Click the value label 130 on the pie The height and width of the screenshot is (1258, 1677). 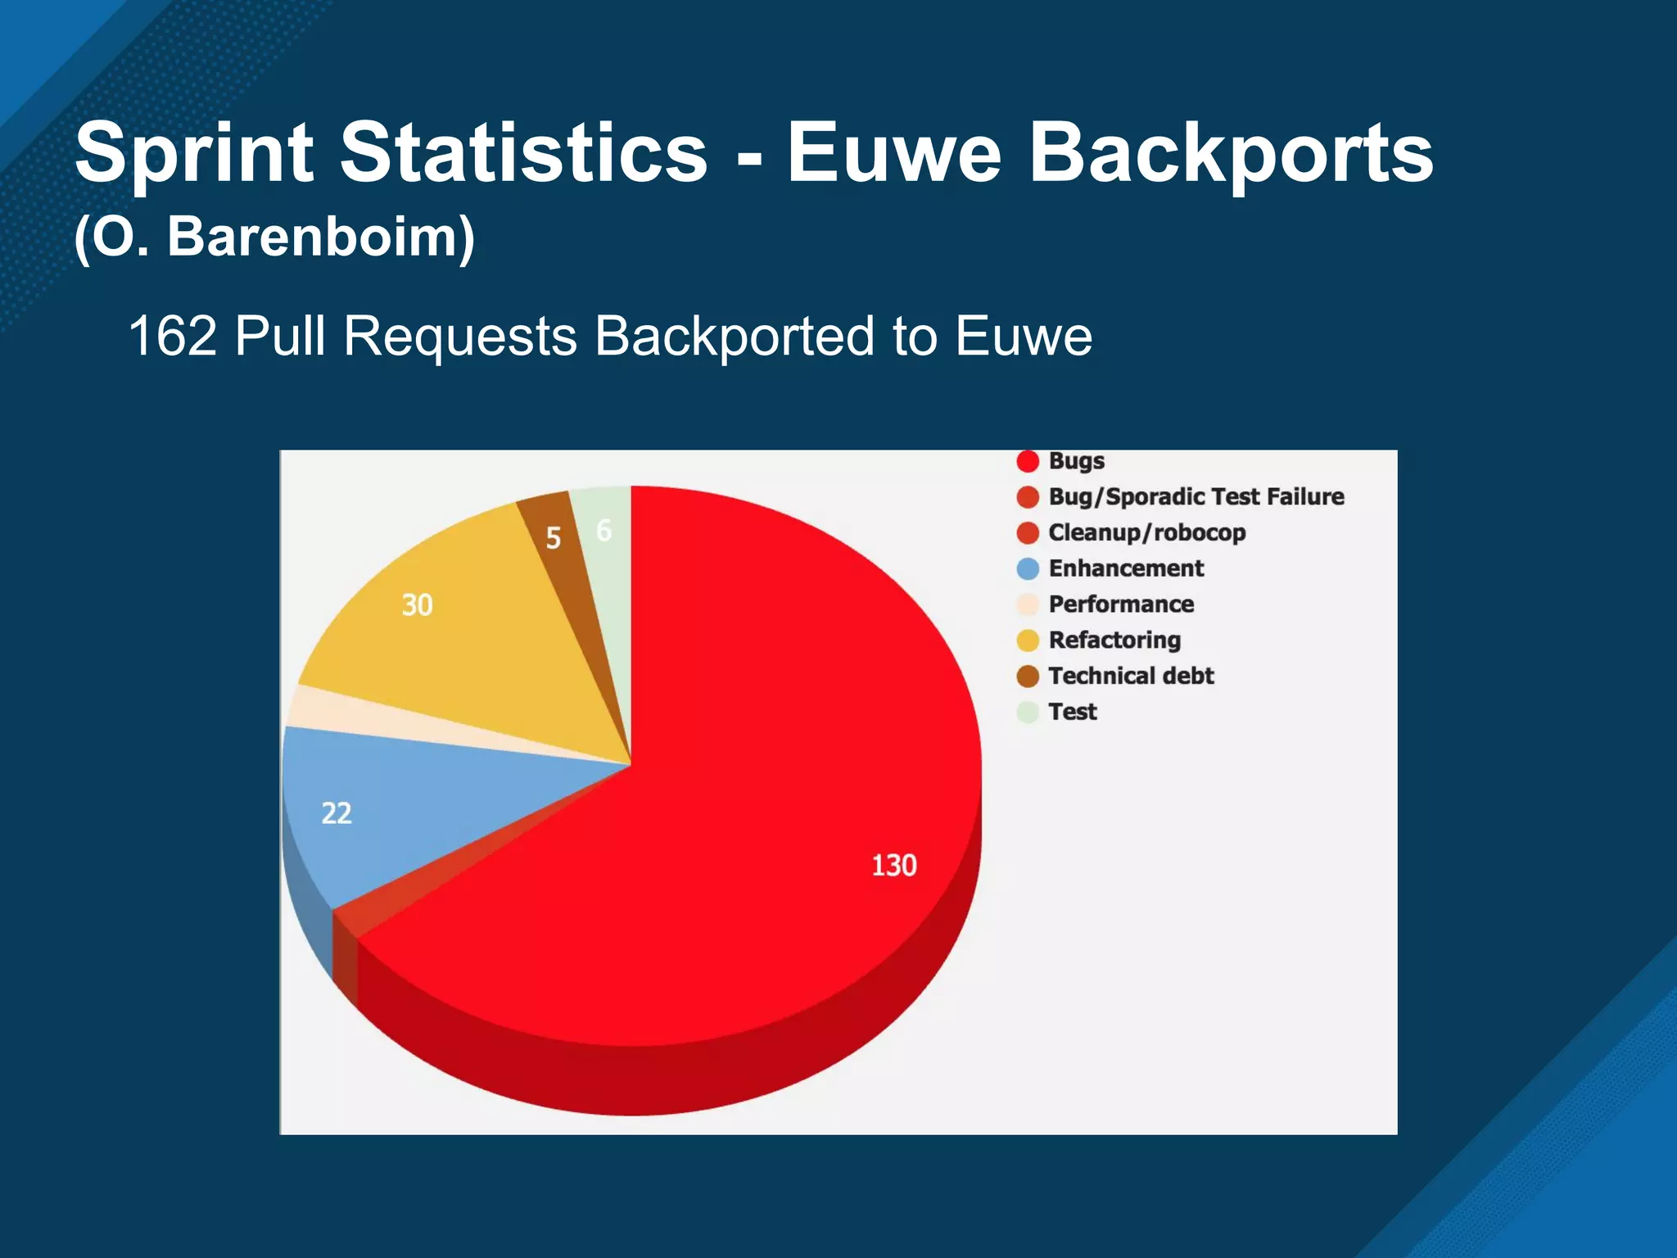coord(893,866)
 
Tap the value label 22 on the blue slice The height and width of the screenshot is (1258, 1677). coord(337,813)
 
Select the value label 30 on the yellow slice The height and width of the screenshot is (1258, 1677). coord(417,605)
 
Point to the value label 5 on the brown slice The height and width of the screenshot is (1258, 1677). coord(554,538)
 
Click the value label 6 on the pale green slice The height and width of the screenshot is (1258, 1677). coord(604,531)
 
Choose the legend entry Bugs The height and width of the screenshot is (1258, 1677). coord(1076,461)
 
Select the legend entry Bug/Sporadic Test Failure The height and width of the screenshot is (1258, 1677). coord(1196,497)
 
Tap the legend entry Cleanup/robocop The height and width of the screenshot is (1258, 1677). coord(1146,533)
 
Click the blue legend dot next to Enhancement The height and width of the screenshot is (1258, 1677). coord(1028,568)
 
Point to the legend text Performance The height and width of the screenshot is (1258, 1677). coord(1121,604)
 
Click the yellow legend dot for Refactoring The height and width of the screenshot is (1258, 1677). coord(1028,640)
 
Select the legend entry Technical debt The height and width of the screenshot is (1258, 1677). coord(1131,677)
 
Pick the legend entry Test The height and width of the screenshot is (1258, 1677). coord(1072,713)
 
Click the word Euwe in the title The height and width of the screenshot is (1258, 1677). coord(893,153)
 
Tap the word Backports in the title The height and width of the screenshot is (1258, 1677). coord(1230,153)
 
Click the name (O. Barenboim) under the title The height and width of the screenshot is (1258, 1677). coord(274,238)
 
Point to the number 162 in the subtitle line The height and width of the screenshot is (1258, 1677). coord(172,337)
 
